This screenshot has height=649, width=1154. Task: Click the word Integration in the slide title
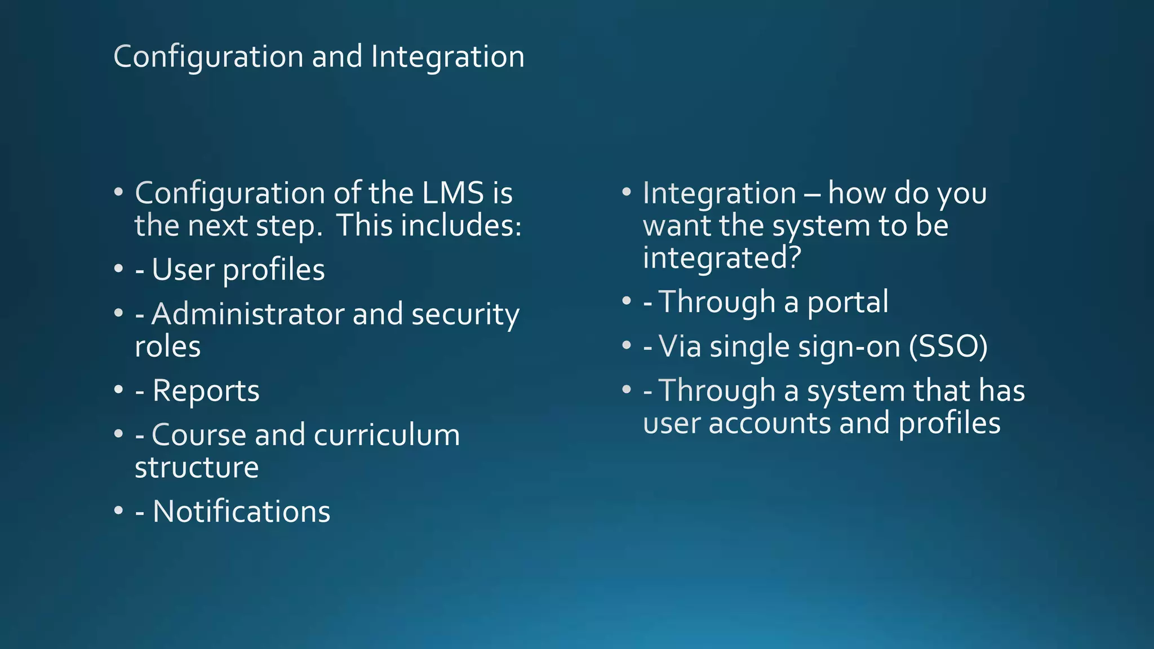click(x=447, y=57)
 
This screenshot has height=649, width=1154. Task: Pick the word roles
click(x=167, y=346)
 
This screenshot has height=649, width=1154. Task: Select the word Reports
click(x=206, y=390)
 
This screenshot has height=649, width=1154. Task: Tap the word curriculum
click(x=387, y=435)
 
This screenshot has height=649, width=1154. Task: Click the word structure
click(x=197, y=468)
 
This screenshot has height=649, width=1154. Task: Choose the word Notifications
click(x=241, y=512)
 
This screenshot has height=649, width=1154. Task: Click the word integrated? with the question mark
click(x=722, y=258)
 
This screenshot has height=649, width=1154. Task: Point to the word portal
click(x=848, y=303)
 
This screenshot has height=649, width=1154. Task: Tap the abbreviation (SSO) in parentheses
click(x=948, y=346)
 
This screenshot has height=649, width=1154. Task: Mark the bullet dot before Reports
click(x=118, y=390)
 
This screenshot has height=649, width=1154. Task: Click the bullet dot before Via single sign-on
click(x=627, y=345)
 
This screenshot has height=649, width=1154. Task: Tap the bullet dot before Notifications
click(x=118, y=511)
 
